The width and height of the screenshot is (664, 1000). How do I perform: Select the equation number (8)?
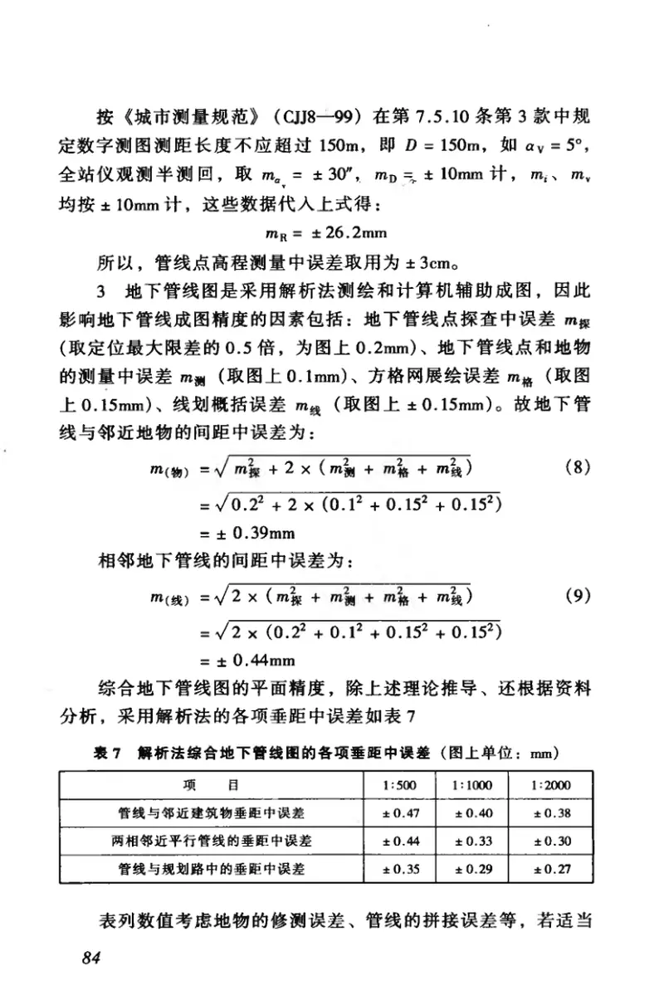tap(577, 467)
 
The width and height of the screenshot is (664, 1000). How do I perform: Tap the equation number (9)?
tap(577, 595)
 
